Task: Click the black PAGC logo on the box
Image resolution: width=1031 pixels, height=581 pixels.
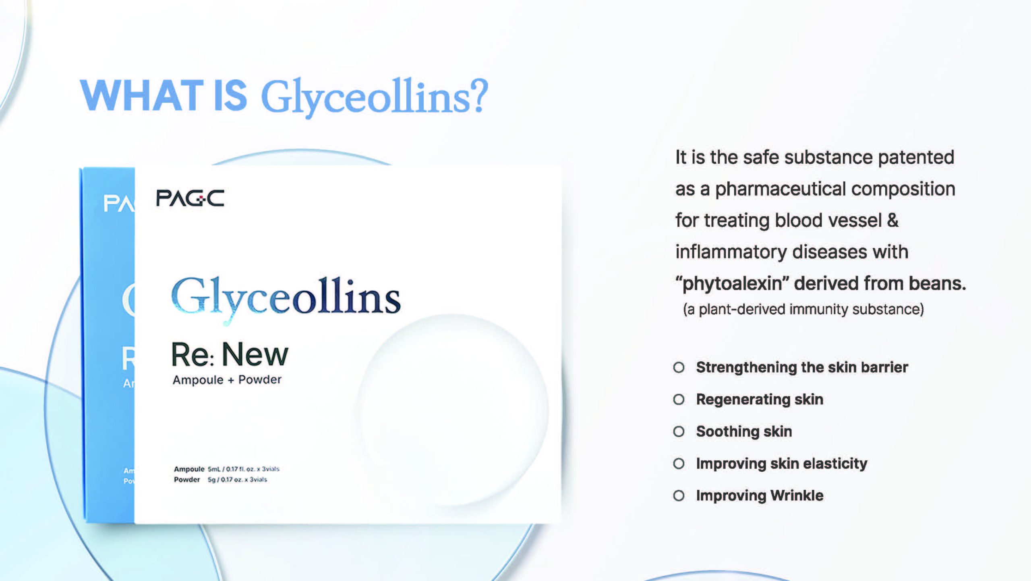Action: [x=190, y=198]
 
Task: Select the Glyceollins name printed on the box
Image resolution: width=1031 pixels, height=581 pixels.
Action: [x=286, y=298]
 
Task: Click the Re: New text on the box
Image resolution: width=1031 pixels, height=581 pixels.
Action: [x=230, y=354]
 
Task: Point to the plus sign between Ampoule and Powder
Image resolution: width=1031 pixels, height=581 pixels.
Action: [x=231, y=381]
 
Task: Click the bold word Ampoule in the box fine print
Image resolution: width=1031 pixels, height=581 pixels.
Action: [x=189, y=469]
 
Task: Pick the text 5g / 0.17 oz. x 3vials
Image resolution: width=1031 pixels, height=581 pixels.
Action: [x=237, y=479]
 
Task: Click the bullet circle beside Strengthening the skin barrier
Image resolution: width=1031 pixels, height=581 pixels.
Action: [x=679, y=367]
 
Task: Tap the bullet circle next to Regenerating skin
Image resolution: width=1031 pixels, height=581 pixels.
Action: [x=679, y=400]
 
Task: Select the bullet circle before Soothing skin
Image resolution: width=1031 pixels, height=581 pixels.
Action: [x=679, y=431]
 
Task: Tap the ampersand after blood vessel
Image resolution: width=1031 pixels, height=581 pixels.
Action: [x=893, y=220]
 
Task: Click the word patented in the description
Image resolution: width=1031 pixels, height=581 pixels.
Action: [x=916, y=157]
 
